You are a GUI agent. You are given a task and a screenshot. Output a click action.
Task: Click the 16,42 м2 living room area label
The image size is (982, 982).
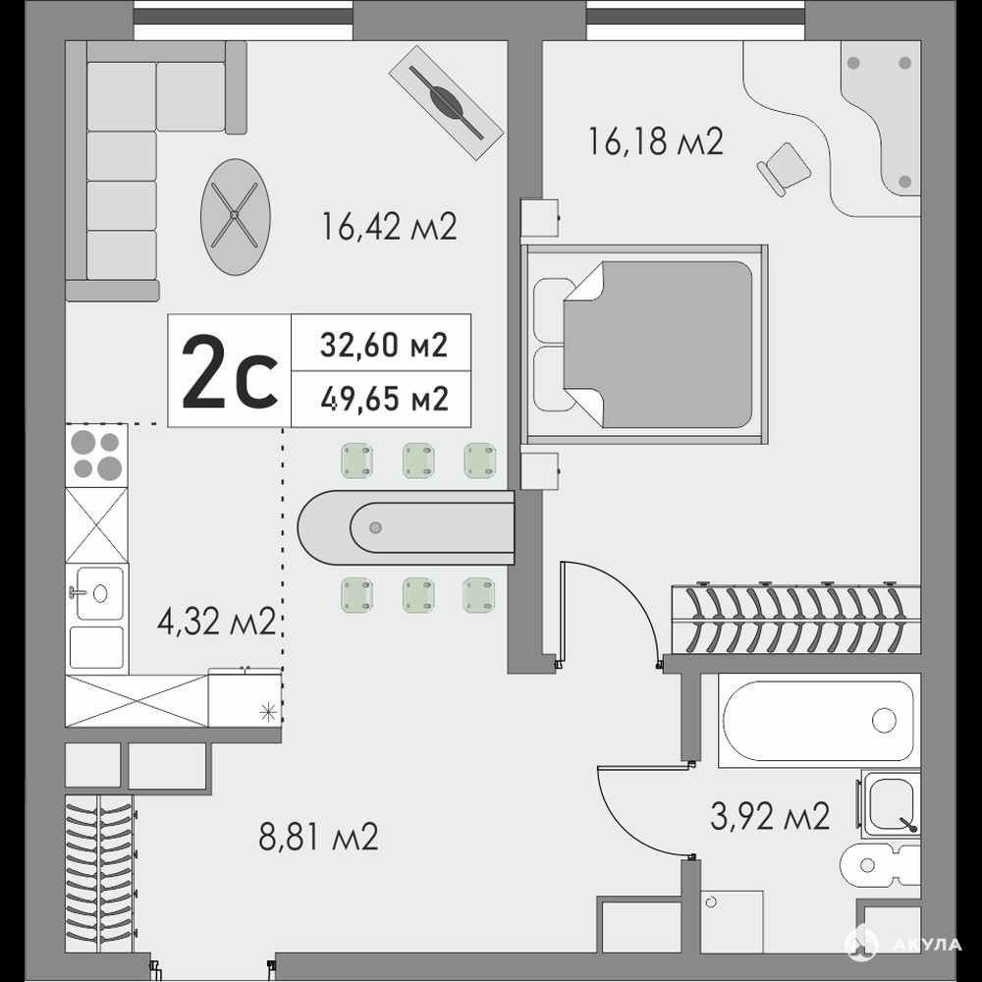click(389, 226)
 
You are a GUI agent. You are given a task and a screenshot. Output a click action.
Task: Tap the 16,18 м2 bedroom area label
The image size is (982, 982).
click(656, 140)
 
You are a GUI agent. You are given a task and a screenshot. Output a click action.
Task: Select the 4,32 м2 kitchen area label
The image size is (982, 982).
click(217, 621)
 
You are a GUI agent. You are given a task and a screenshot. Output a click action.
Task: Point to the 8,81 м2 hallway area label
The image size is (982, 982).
click(318, 836)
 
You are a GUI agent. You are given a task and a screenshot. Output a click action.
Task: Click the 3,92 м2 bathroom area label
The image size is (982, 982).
click(770, 816)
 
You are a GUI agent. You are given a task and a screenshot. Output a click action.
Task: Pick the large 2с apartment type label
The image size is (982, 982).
click(229, 371)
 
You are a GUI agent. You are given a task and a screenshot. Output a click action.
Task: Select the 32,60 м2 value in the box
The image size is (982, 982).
click(383, 345)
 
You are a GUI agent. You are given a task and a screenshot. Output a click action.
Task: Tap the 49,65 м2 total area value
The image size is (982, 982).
click(384, 399)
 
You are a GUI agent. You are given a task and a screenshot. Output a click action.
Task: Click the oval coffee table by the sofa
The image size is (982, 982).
click(236, 216)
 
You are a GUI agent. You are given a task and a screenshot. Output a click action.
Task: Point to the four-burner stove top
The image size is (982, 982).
click(96, 456)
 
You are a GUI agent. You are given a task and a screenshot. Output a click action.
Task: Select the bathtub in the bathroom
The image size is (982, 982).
click(819, 721)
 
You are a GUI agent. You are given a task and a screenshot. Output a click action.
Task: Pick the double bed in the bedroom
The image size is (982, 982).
click(644, 345)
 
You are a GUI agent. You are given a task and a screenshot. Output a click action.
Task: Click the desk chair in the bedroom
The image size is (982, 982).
click(784, 168)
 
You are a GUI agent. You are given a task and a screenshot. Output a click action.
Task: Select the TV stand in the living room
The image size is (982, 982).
click(446, 101)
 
